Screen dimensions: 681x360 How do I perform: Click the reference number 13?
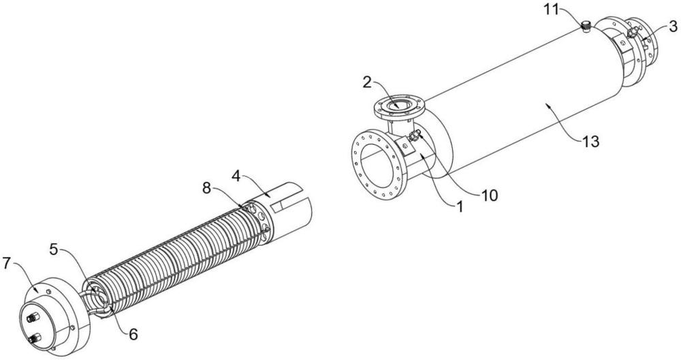coord(591,141)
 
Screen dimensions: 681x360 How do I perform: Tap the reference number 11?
coord(552,10)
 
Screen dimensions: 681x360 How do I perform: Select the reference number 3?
coord(673,27)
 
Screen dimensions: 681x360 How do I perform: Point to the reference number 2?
coord(368,82)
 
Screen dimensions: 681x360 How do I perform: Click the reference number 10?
coord(489,195)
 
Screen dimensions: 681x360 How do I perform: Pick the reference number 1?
coord(460,206)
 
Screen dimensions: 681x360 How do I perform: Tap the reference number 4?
coord(236,176)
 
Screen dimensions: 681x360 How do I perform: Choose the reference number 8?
coord(207,188)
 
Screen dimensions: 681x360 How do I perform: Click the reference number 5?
coord(53,249)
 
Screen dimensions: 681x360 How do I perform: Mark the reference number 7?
coord(6,263)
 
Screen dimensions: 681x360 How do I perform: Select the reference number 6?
coord(133,333)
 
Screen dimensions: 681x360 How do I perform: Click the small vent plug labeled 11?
coord(586,27)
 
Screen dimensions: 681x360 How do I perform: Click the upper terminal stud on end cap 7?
coord(31,318)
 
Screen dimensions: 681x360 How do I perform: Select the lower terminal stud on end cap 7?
coord(35,338)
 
